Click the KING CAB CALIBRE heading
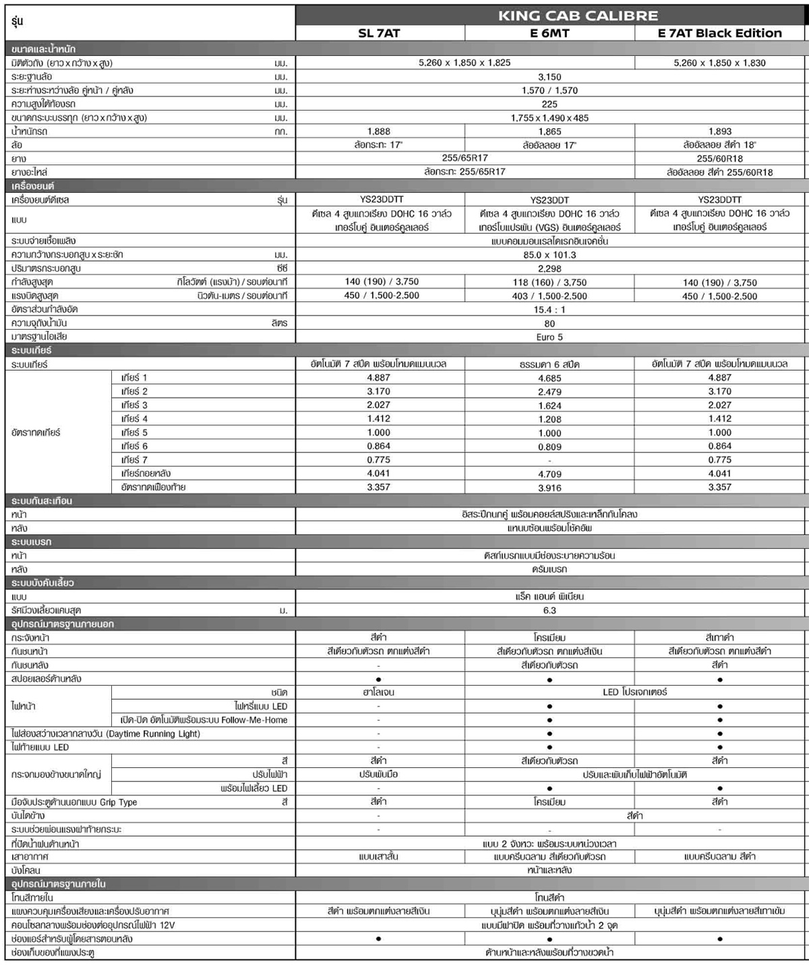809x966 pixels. click(578, 16)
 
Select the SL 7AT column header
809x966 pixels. click(379, 33)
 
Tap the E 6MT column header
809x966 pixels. click(549, 33)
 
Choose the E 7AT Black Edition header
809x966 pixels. click(719, 33)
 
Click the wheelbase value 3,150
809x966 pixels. click(549, 77)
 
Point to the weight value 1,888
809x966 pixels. click(379, 131)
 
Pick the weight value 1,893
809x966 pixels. click(719, 131)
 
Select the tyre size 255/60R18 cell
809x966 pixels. click(719, 158)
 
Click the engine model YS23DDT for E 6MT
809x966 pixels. click(549, 200)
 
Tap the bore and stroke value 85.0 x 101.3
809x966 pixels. click(549, 255)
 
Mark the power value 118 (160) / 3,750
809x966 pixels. click(549, 282)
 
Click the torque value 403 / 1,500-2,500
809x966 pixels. click(549, 296)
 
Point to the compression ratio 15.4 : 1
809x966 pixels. click(549, 309)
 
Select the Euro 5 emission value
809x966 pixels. click(549, 337)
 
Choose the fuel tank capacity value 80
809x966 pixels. click(549, 324)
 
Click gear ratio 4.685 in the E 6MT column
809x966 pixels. click(549, 378)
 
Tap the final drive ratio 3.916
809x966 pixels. click(549, 487)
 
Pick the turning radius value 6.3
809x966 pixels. click(549, 610)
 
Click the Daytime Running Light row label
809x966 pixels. click(106, 733)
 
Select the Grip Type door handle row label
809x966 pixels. click(74, 802)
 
